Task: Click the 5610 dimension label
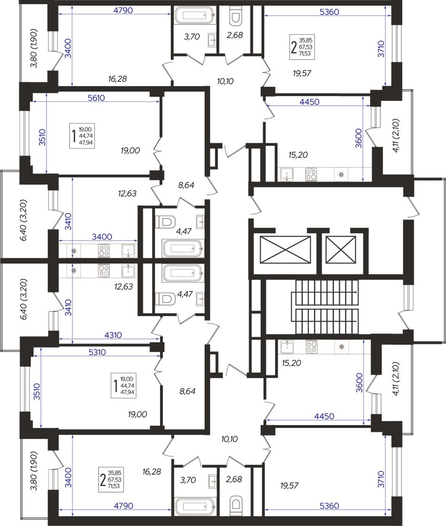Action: pos(96,98)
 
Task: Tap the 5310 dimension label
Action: pos(97,352)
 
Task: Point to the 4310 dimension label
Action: pos(113,335)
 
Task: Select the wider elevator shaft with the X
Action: pos(285,250)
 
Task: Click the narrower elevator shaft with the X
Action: pos(341,250)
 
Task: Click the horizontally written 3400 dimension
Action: pos(102,237)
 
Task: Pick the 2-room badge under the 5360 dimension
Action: pos(302,46)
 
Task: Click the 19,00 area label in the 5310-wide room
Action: pos(138,414)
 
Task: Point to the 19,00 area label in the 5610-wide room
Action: pos(131,150)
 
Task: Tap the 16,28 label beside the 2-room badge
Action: pos(152,472)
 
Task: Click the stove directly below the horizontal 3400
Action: pos(104,251)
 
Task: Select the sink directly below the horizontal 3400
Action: pos(128,251)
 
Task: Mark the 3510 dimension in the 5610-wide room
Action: pos(42,137)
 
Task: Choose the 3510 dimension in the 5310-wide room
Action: pos(37,392)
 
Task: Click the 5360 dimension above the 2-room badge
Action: pos(329,12)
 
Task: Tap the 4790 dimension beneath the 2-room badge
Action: pos(123,505)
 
